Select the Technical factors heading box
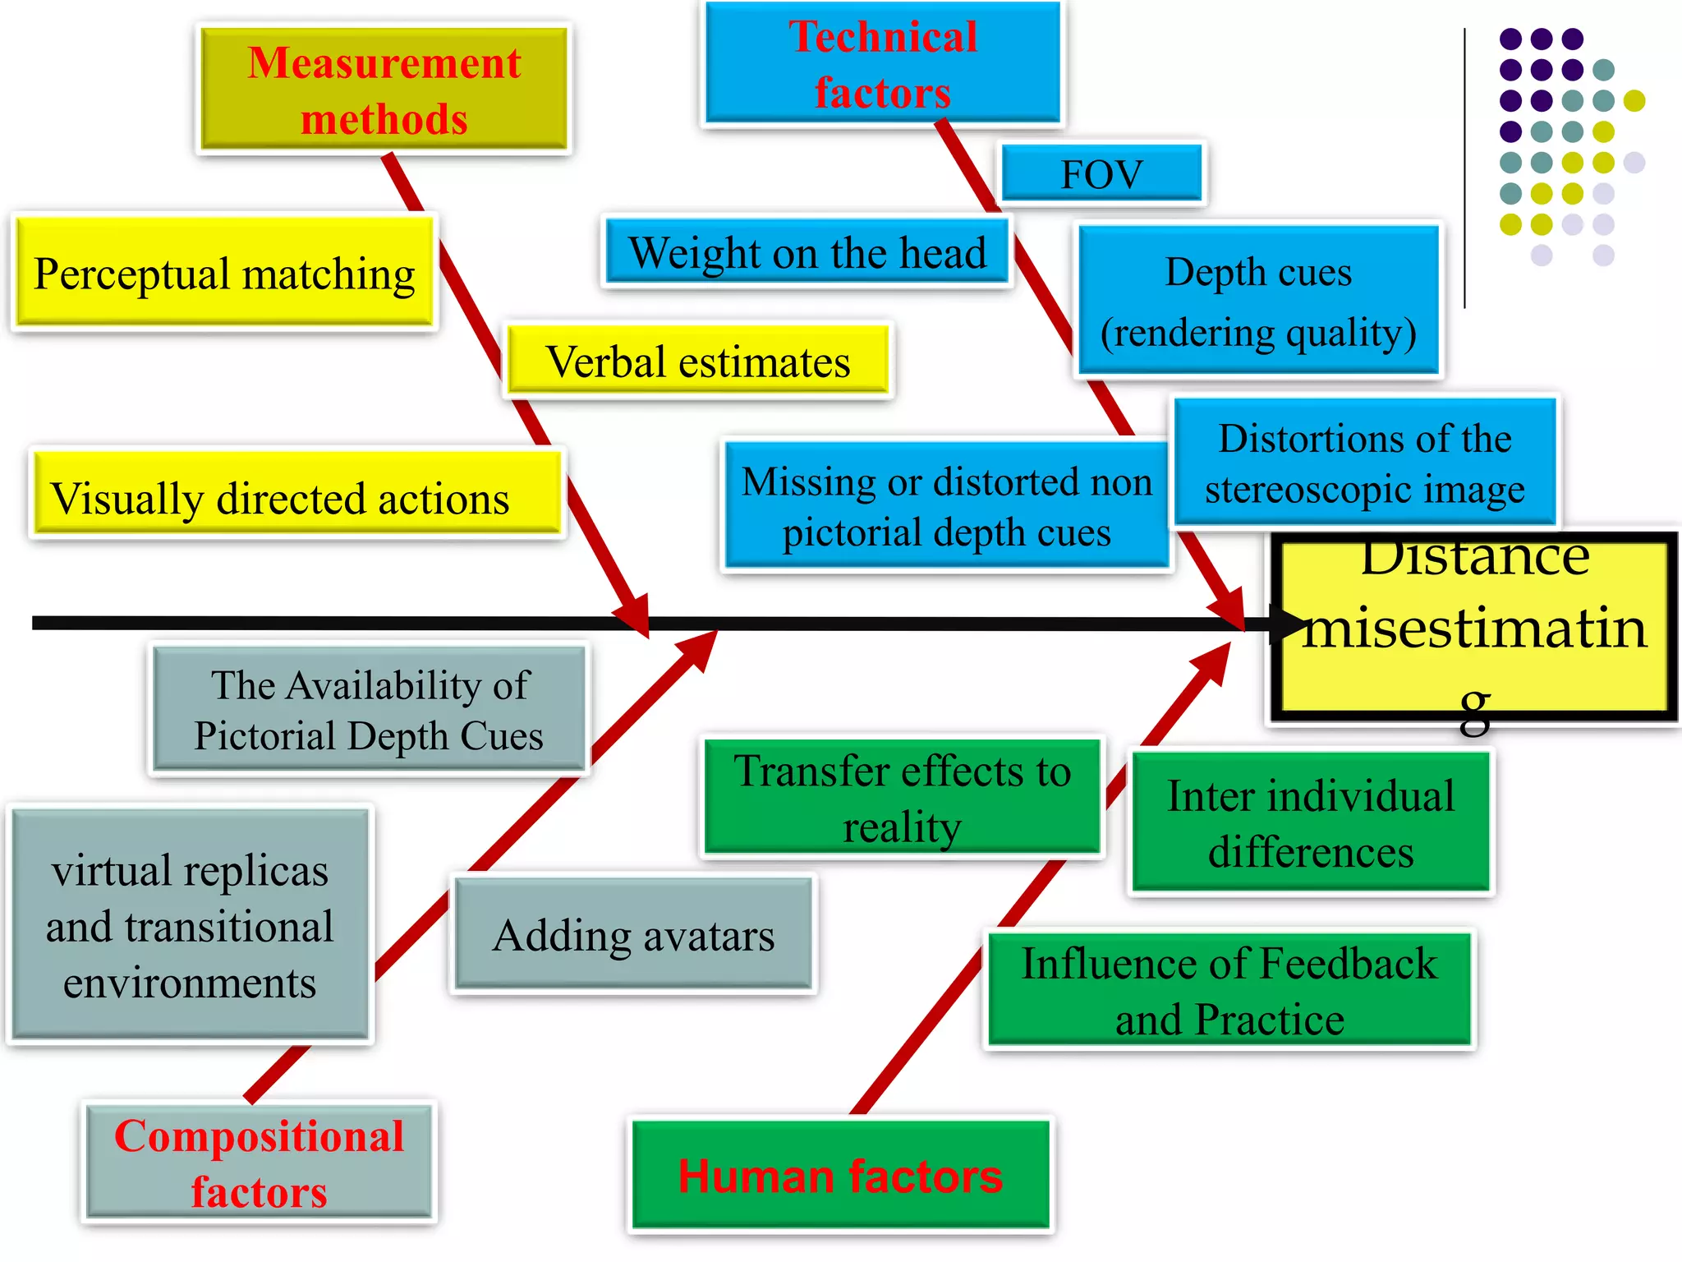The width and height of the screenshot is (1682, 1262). click(x=883, y=63)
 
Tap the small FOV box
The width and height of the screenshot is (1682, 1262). click(x=1101, y=173)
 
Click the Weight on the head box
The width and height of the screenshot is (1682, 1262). click(x=807, y=252)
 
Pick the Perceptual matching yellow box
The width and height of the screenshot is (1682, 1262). click(x=224, y=273)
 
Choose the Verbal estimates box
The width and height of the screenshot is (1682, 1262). click(x=698, y=362)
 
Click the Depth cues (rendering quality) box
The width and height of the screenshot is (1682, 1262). click(x=1258, y=301)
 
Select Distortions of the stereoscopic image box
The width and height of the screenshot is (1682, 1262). click(x=1365, y=463)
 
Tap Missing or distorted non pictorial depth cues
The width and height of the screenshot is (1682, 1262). click(x=946, y=505)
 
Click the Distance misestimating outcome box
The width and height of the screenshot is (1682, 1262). click(x=1474, y=629)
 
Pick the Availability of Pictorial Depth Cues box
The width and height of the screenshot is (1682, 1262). click(x=369, y=710)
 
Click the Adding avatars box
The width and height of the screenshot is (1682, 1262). click(x=633, y=934)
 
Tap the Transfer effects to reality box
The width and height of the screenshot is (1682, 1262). click(x=902, y=797)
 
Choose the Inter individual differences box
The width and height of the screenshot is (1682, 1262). click(x=1311, y=822)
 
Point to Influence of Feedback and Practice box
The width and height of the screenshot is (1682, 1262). click(x=1229, y=989)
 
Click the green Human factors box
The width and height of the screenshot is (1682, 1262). click(x=840, y=1175)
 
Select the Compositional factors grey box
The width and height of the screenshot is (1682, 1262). click(x=259, y=1163)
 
